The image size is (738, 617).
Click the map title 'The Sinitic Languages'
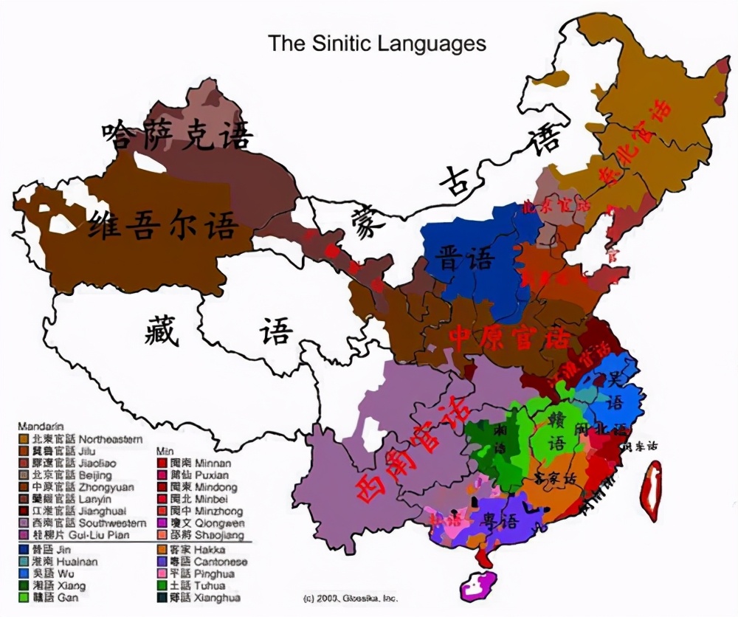(x=376, y=44)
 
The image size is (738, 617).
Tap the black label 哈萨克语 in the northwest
(x=177, y=135)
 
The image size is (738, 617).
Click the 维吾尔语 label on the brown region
(x=162, y=227)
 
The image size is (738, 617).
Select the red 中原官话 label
(x=508, y=338)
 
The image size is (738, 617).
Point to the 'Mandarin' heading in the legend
(x=41, y=427)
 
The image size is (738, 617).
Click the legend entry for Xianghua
(x=204, y=597)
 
